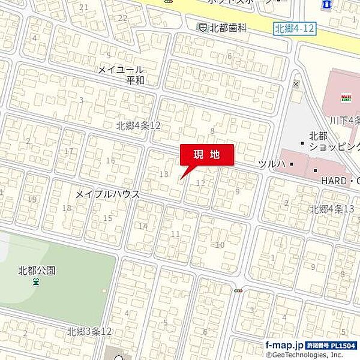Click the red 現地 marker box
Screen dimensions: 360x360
[x=207, y=154]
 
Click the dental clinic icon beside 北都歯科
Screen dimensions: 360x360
[x=203, y=27]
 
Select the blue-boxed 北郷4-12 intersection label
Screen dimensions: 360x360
[x=294, y=29]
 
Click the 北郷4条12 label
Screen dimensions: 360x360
[x=139, y=125]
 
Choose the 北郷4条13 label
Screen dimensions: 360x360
[x=332, y=209]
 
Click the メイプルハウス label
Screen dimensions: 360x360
[x=108, y=194]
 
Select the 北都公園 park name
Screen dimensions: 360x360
[x=37, y=271]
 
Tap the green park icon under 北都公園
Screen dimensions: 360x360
[x=37, y=282]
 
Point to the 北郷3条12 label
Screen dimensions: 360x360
[x=89, y=331]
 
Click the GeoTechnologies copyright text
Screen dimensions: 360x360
[x=312, y=355]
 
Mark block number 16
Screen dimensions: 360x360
[x=110, y=160]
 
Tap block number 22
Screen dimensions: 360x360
[x=122, y=17]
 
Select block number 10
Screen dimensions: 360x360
[x=220, y=244]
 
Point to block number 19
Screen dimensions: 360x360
[x=32, y=199]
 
